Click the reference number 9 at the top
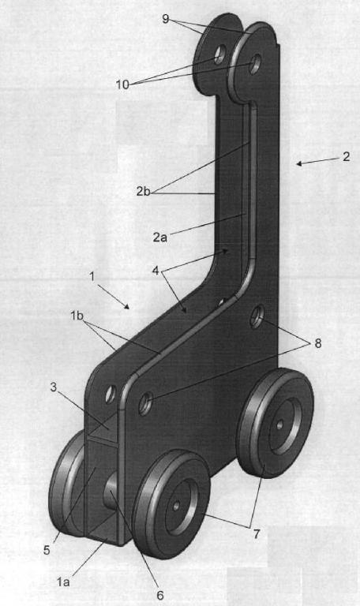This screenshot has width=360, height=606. [x=166, y=19]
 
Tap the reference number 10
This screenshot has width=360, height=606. [x=122, y=84]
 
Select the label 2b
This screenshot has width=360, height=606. [x=143, y=191]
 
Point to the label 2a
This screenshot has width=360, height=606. [x=160, y=237]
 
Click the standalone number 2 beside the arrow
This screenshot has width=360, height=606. [x=346, y=156]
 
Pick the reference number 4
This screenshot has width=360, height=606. [x=156, y=271]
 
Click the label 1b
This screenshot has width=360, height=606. [x=77, y=316]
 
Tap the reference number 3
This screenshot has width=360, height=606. [x=54, y=387]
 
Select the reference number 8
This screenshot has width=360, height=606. [x=318, y=343]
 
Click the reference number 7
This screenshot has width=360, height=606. [x=257, y=534]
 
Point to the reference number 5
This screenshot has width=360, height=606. [x=47, y=550]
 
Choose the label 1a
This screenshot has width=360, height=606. [x=63, y=582]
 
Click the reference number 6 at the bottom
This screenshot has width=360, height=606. [x=159, y=595]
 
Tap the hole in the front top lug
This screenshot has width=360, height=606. [x=254, y=64]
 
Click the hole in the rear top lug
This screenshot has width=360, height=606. [x=219, y=54]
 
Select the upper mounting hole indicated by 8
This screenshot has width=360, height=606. [x=257, y=316]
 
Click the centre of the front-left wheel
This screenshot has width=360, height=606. [x=176, y=505]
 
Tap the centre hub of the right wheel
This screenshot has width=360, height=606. [x=280, y=425]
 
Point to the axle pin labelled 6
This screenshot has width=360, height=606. [x=111, y=491]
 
